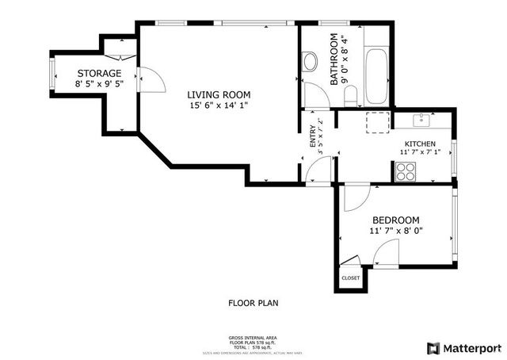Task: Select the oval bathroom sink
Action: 311,62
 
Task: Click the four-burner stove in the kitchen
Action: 406,171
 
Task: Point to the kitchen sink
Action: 422,120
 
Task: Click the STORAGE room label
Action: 98,73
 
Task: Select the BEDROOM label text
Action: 395,220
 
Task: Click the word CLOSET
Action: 350,278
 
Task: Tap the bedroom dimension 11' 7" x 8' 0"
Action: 395,231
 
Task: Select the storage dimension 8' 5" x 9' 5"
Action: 98,83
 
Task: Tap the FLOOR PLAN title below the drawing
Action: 253,303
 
